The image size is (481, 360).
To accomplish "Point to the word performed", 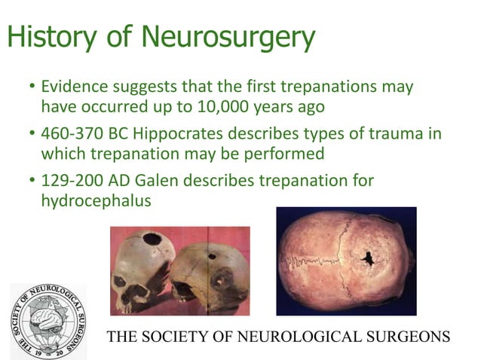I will [x=286, y=154].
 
